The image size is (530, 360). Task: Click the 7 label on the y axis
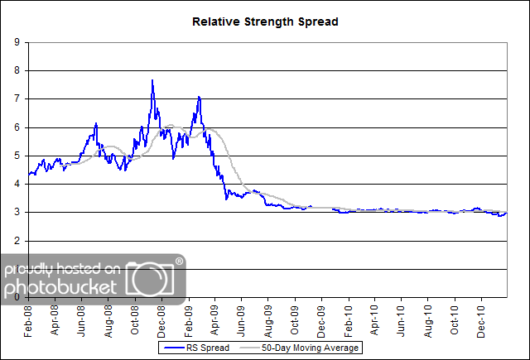pos(17,99)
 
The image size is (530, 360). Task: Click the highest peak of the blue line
pos(152,80)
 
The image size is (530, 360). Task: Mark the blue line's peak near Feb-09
pos(199,98)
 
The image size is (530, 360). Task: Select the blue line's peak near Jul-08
pos(96,123)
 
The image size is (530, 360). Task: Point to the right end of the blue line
pos(507,214)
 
